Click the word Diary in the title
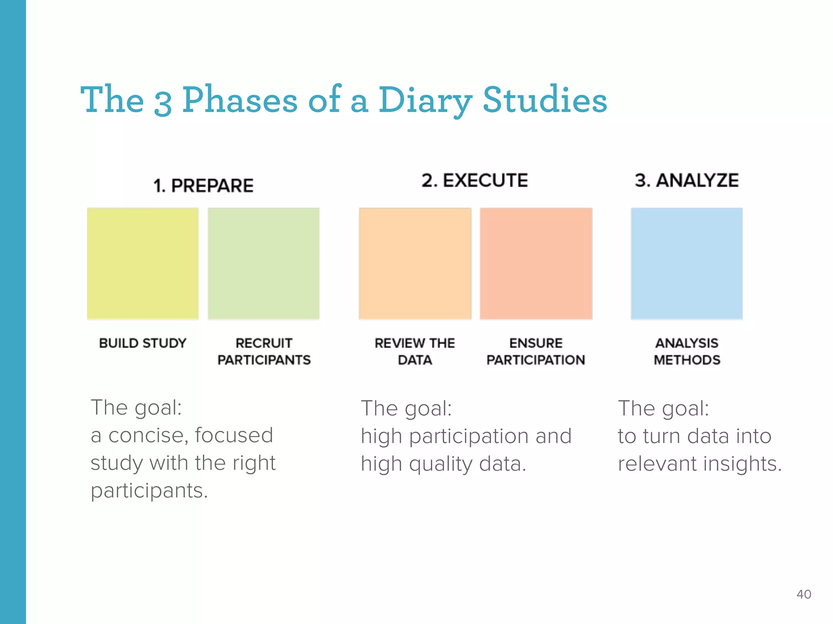425,100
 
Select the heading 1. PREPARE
203,186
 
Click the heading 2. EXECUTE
475,180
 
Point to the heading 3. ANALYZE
687,180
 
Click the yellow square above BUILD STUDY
143,264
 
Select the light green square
264,264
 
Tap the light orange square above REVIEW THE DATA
415,264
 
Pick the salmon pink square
536,264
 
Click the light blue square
687,264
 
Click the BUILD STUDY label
143,343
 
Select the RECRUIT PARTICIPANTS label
264,351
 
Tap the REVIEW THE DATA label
415,351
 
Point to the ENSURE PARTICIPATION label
536,351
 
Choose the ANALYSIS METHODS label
687,351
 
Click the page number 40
804,594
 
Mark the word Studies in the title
545,100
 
